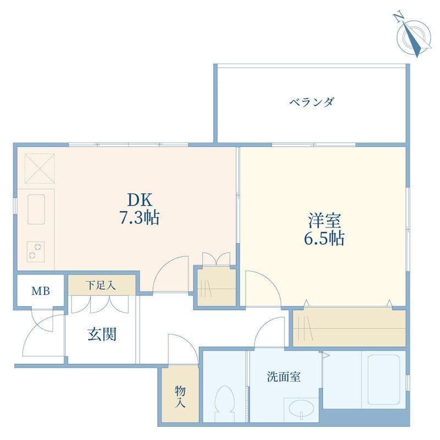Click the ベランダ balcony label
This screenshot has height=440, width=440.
[312, 102]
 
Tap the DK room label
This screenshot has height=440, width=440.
[140, 200]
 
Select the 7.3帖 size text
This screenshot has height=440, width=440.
[140, 217]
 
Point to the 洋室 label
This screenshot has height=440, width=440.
[324, 221]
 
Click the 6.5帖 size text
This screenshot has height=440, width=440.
[324, 238]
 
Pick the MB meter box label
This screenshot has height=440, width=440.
[41, 291]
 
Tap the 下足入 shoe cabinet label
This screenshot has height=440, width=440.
[101, 285]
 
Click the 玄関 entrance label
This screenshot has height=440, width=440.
[102, 334]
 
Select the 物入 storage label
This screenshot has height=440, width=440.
[180, 397]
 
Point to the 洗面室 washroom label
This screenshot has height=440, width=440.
[284, 377]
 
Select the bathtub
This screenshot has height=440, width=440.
[383, 380]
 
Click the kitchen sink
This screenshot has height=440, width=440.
[36, 209]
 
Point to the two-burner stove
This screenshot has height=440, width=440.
[35, 251]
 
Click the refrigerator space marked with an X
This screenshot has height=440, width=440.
[39, 168]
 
